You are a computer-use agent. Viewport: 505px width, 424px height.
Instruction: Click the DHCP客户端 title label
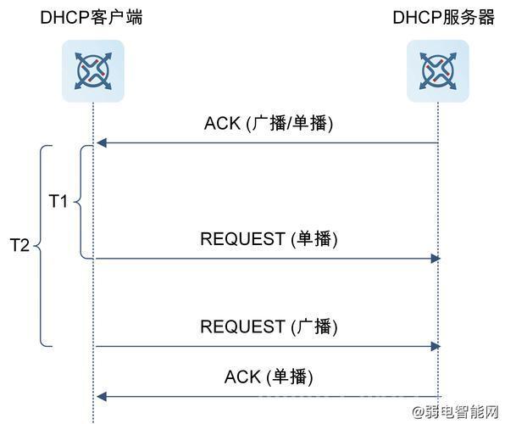pyautogui.click(x=92, y=17)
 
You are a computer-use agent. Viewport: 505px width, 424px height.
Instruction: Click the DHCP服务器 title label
pyautogui.click(x=444, y=17)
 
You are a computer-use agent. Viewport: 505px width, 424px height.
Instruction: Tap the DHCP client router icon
pyautogui.click(x=93, y=71)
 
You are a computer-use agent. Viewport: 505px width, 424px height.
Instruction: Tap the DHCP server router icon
pyautogui.click(x=438, y=71)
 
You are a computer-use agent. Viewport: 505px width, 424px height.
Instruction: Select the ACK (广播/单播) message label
pyautogui.click(x=269, y=124)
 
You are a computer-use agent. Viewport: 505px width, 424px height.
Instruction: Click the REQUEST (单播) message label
pyautogui.click(x=269, y=239)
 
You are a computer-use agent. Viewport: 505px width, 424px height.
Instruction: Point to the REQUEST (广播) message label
pyautogui.click(x=269, y=326)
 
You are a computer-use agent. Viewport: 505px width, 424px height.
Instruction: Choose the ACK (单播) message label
pyautogui.click(x=269, y=377)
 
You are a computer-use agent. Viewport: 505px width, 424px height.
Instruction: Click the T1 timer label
pyautogui.click(x=58, y=201)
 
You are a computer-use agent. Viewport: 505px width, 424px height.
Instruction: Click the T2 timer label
pyautogui.click(x=19, y=245)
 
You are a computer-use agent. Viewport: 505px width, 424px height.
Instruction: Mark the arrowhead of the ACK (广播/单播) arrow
pyautogui.click(x=102, y=142)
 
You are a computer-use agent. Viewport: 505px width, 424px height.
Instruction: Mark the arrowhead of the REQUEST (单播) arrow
pyautogui.click(x=436, y=259)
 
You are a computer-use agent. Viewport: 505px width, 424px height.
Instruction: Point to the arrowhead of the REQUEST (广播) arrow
pyautogui.click(x=436, y=346)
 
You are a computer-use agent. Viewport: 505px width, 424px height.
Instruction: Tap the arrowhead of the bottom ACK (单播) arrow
pyautogui.click(x=102, y=396)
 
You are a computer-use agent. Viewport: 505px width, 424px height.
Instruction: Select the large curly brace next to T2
pyautogui.click(x=41, y=246)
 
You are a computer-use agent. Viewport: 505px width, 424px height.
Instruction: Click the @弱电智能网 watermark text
pyautogui.click(x=455, y=411)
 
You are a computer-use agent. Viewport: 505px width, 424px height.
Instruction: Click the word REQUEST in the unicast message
pyautogui.click(x=242, y=239)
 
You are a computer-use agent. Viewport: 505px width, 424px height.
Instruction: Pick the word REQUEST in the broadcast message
pyautogui.click(x=242, y=326)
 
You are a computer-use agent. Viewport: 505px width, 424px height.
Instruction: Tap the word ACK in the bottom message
pyautogui.click(x=242, y=377)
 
